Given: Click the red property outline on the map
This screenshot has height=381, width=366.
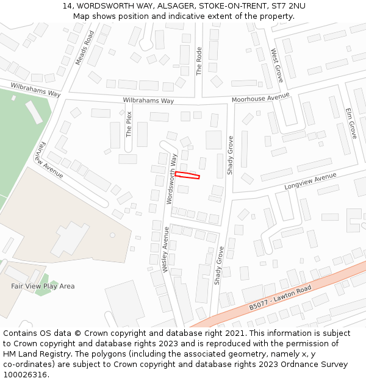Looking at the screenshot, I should tap(187, 176).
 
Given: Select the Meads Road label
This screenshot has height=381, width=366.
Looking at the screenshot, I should tap(84, 47).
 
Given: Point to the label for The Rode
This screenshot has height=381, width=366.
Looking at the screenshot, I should tap(199, 62).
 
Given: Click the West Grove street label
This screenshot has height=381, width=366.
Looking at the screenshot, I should tap(276, 66).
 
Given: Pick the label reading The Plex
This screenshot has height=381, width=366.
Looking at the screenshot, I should tap(129, 124).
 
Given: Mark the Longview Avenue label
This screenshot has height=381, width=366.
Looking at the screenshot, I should tap(310, 180).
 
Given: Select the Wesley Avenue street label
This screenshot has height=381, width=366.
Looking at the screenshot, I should tap(165, 250).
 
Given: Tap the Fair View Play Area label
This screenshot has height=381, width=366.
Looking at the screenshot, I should tap(43, 286).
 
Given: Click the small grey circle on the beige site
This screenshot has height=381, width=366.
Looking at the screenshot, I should tap(112, 235).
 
